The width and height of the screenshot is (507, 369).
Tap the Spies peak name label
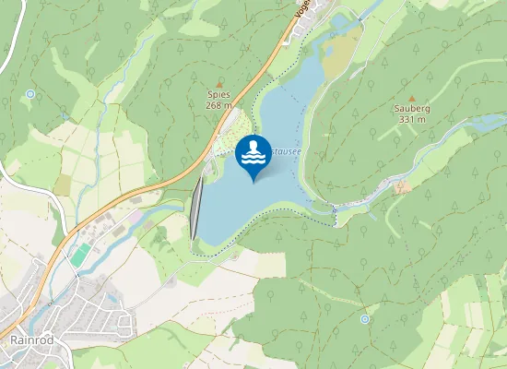point(218,94)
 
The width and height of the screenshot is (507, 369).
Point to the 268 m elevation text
point(218,105)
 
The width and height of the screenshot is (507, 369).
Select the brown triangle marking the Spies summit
point(218,84)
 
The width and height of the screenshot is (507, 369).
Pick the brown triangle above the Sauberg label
point(412,97)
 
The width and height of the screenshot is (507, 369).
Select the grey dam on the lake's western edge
point(196,208)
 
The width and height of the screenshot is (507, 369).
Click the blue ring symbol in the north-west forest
point(30,93)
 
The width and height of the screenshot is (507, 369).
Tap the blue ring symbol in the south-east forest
point(365,318)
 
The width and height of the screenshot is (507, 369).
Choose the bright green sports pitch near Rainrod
point(81,253)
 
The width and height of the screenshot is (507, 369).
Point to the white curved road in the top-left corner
point(7,46)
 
